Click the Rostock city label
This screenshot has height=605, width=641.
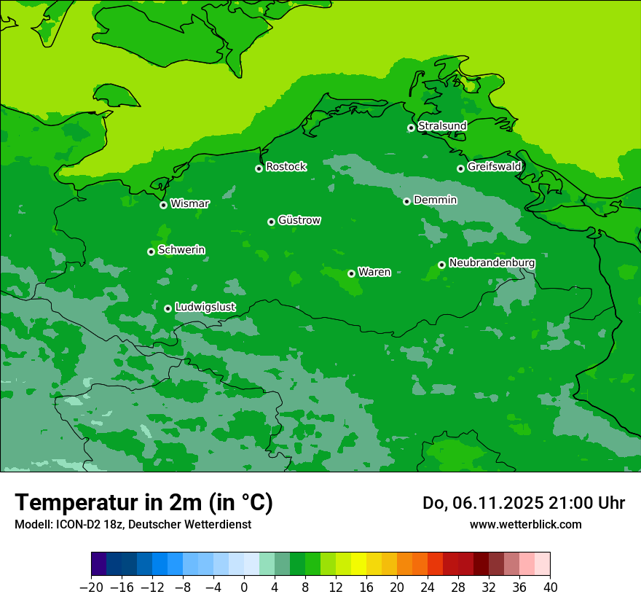point(286,167)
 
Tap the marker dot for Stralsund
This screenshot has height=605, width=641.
point(411,128)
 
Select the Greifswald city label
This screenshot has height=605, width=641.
point(494,167)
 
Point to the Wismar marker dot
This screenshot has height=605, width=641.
point(163,205)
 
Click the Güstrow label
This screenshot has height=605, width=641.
point(299,220)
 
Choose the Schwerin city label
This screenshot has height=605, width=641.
point(181,250)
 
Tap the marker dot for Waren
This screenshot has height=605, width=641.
point(351,273)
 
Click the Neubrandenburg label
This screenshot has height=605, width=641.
point(492,263)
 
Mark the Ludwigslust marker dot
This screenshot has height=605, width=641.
point(168,308)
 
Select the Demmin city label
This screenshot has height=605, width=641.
point(435,200)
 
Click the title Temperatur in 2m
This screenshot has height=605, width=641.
point(143,502)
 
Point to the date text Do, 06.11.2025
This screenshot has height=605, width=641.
point(483,503)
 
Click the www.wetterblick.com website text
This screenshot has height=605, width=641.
point(525,524)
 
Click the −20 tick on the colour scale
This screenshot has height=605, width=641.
point(91,588)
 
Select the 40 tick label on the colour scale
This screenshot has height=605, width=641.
point(550,588)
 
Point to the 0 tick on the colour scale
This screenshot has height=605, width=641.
point(244,588)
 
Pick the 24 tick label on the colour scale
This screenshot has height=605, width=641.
point(428,588)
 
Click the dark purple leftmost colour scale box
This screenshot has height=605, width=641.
point(98,564)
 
